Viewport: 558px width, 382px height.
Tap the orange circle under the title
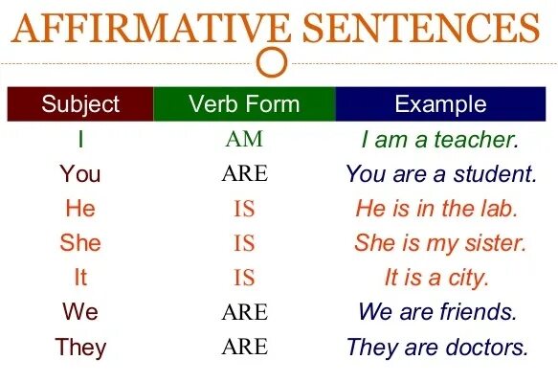pyautogui.click(x=274, y=62)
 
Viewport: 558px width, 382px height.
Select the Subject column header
pyautogui.click(x=80, y=104)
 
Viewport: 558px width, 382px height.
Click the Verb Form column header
pyautogui.click(x=244, y=104)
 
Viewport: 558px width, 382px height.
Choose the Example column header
pyautogui.click(x=440, y=104)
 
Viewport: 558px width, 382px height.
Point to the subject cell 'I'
pyautogui.click(x=80, y=140)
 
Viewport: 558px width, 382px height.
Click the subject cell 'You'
pyautogui.click(x=80, y=174)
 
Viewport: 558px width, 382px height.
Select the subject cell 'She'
pyautogui.click(x=80, y=243)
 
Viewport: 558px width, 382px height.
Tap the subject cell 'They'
pyautogui.click(x=80, y=347)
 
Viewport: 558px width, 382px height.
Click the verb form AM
pyautogui.click(x=244, y=140)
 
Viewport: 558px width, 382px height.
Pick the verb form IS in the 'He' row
pyautogui.click(x=244, y=209)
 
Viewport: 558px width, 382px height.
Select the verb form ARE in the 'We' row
pyautogui.click(x=244, y=312)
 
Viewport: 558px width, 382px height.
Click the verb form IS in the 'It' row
pyautogui.click(x=244, y=278)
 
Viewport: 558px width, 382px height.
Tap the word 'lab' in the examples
pyautogui.click(x=498, y=209)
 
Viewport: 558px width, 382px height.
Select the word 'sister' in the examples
pyautogui.click(x=494, y=243)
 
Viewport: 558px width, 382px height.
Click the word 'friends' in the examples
pyautogui.click(x=477, y=312)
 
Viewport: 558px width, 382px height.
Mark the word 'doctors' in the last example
pyautogui.click(x=485, y=347)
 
